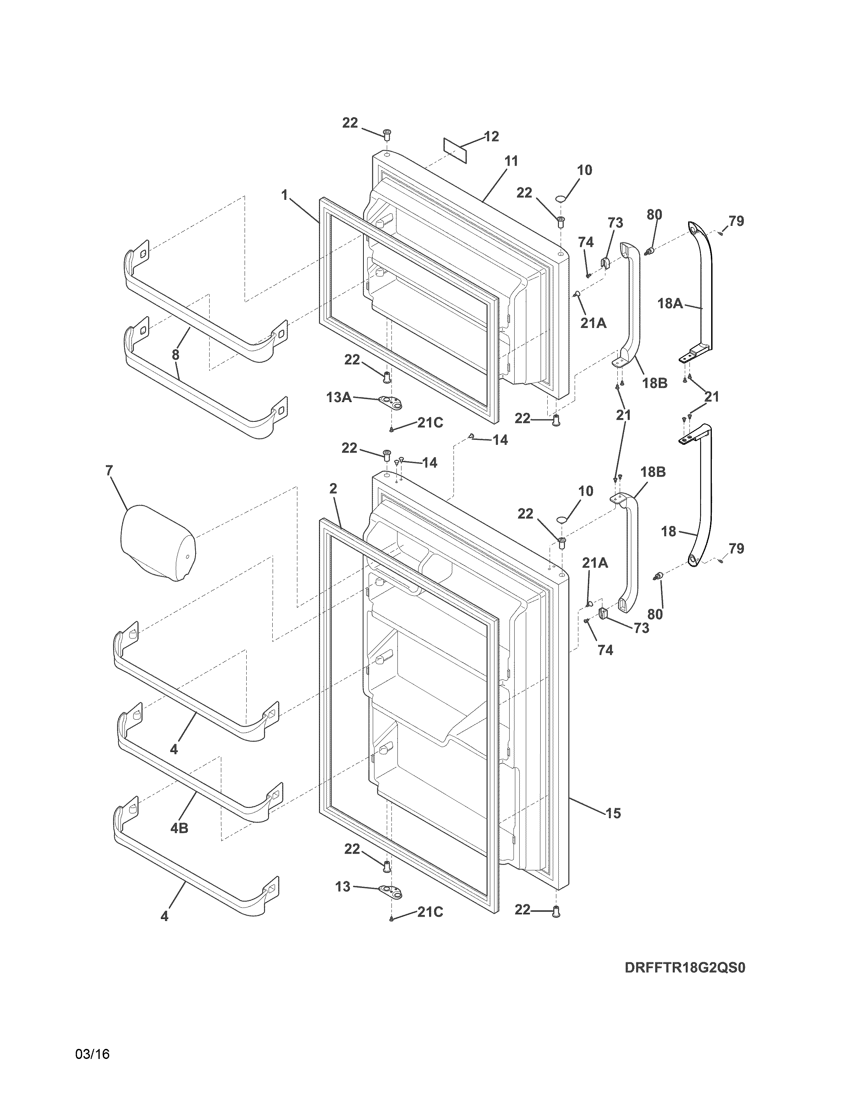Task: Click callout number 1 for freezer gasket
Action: [x=285, y=195]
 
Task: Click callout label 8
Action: [x=176, y=355]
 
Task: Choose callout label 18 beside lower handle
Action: [x=668, y=531]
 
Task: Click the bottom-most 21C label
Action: [x=430, y=912]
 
